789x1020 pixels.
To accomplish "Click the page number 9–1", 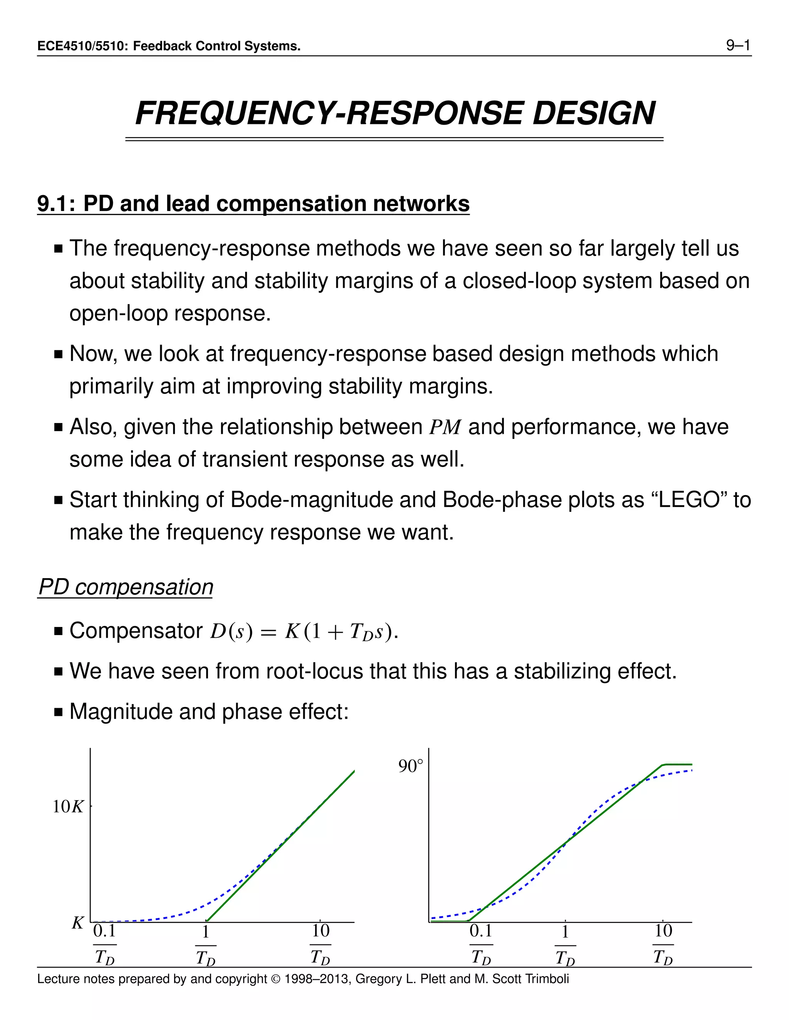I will pos(738,45).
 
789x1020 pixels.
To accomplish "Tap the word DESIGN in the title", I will pos(594,114).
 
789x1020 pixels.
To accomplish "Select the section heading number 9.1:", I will pos(56,204).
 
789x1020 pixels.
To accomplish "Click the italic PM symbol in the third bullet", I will pos(445,427).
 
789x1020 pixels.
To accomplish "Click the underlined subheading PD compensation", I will pos(126,587).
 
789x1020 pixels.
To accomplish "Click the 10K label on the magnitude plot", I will pos(68,806).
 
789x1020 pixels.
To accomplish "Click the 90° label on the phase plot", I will pos(410,766).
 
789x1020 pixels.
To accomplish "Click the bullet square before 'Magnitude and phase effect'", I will pos(59,712).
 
